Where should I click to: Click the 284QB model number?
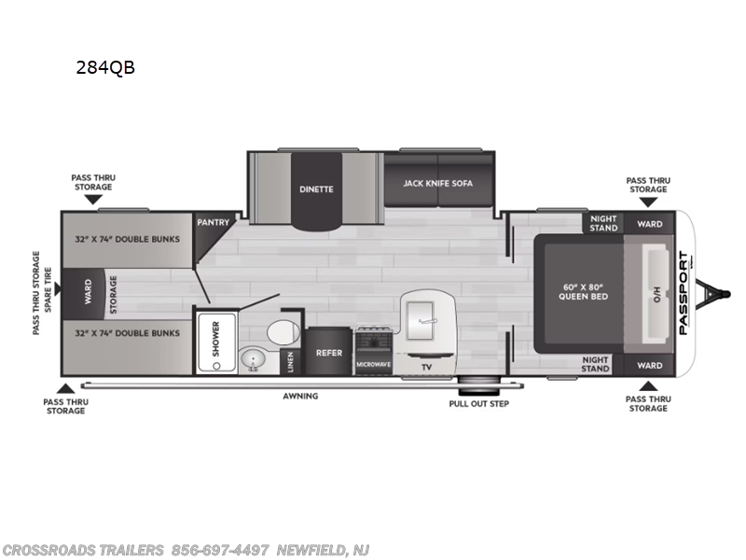[x=105, y=67]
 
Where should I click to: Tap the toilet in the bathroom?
[x=283, y=332]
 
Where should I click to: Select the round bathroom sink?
[x=253, y=359]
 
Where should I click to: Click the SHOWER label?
[x=216, y=339]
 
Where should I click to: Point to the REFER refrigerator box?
[x=329, y=352]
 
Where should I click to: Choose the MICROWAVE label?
[x=374, y=365]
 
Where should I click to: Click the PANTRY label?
[x=214, y=222]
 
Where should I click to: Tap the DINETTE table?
[x=316, y=191]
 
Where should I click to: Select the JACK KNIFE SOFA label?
[x=438, y=183]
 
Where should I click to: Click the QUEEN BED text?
[x=584, y=296]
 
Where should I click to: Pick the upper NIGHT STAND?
[x=603, y=223]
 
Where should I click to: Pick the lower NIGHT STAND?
[x=595, y=364]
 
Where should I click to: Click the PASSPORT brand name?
[x=684, y=293]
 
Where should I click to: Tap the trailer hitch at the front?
[x=713, y=293]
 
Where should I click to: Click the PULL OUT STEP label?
[x=479, y=404]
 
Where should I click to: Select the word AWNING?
[x=300, y=396]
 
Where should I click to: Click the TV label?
[x=426, y=367]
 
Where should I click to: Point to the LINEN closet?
[x=291, y=362]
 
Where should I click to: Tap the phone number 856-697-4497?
[x=220, y=550]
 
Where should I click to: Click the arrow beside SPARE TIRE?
[x=58, y=288]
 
